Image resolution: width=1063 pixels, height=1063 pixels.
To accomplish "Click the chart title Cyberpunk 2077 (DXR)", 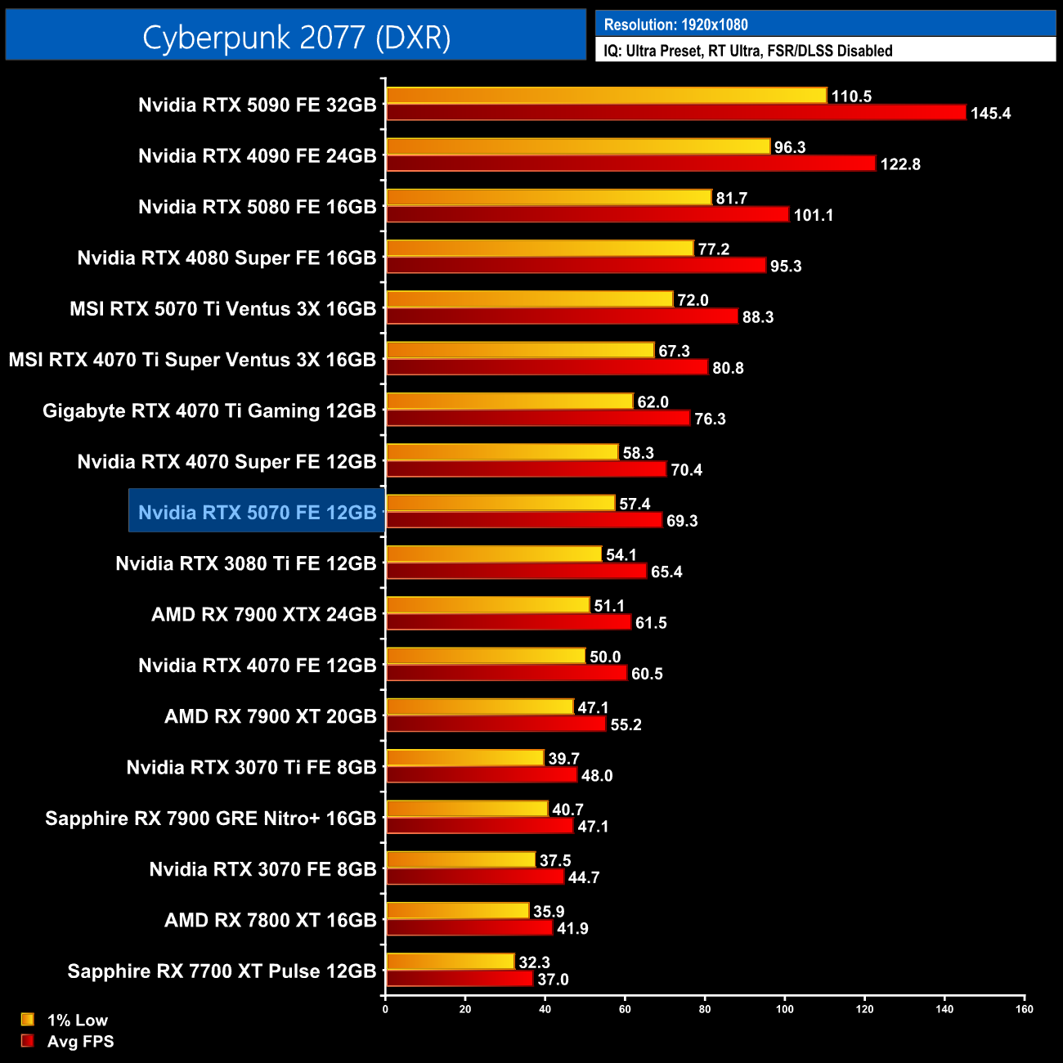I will (x=296, y=37).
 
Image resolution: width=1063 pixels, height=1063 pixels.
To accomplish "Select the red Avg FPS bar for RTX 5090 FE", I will (x=675, y=113).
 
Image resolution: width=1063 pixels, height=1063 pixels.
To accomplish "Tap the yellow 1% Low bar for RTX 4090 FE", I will (x=578, y=146).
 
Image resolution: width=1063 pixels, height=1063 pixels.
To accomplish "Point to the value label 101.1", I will (x=813, y=215).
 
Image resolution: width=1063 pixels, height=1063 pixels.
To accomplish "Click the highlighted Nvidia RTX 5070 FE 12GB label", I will (x=257, y=512).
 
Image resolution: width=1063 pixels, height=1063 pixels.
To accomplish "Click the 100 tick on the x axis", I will (x=784, y=1009).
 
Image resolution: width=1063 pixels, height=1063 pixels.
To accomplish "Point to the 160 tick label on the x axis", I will (x=1024, y=1009).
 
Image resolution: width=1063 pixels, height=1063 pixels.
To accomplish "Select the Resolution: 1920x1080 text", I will (x=675, y=25).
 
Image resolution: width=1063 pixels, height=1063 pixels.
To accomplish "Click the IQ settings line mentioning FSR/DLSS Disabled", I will (x=747, y=51).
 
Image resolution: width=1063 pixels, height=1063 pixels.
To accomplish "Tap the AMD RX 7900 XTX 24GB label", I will (x=263, y=614).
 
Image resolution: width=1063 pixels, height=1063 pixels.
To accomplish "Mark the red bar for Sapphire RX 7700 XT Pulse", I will (x=460, y=979).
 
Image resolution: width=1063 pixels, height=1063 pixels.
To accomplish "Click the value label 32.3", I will (x=534, y=962).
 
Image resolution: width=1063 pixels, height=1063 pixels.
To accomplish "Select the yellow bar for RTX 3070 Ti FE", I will (x=464, y=758).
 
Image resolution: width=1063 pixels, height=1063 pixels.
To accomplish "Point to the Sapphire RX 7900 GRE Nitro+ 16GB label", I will (x=210, y=818).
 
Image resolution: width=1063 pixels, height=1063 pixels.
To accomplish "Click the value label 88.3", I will (x=757, y=317).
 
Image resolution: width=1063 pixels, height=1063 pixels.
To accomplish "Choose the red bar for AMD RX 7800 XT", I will (x=469, y=928).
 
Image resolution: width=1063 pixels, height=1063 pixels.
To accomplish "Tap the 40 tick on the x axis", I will (x=545, y=1009).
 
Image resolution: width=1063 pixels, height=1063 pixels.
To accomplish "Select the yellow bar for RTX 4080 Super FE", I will (x=540, y=249).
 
